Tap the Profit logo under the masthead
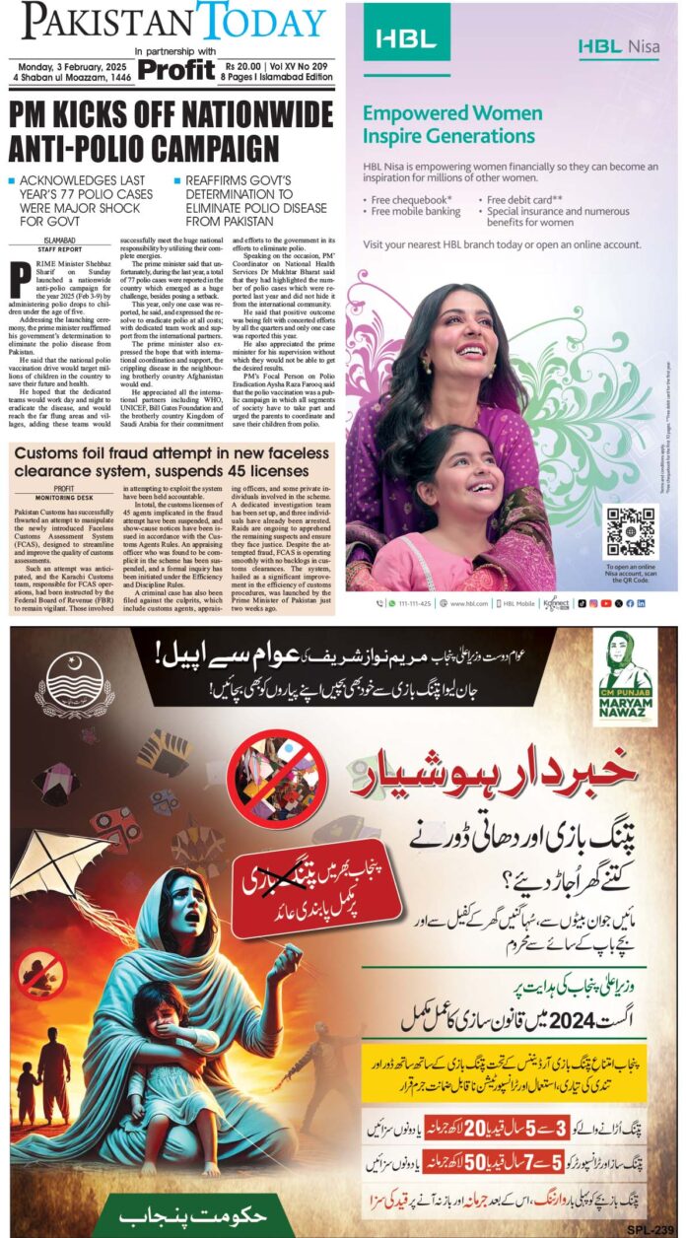coord(176,69)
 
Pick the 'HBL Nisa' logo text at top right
coord(620,45)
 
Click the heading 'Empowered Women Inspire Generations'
coord(451,124)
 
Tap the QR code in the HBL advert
coord(630,530)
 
